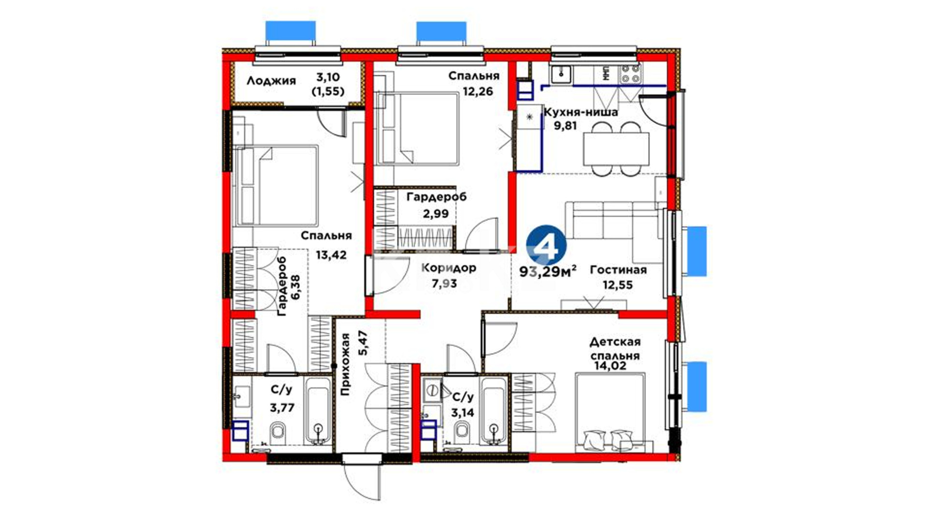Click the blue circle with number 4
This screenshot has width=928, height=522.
tap(547, 247)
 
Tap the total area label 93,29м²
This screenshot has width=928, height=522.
tap(548, 272)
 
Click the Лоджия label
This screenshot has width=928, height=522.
tap(271, 81)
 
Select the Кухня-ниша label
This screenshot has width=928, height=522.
tap(581, 113)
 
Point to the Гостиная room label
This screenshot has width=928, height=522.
tap(618, 270)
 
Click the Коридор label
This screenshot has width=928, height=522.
tap(449, 268)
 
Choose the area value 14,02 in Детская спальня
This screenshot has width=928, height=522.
tap(610, 366)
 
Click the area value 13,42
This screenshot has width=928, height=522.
tap(331, 255)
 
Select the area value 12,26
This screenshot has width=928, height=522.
tap(478, 91)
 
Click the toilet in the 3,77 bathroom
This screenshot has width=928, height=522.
tap(278, 433)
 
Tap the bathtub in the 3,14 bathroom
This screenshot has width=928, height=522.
tap(493, 411)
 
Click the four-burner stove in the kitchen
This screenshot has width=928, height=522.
tap(630, 74)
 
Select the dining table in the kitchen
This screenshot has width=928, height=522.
tap(616, 148)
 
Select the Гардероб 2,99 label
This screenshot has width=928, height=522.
tap(436, 205)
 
